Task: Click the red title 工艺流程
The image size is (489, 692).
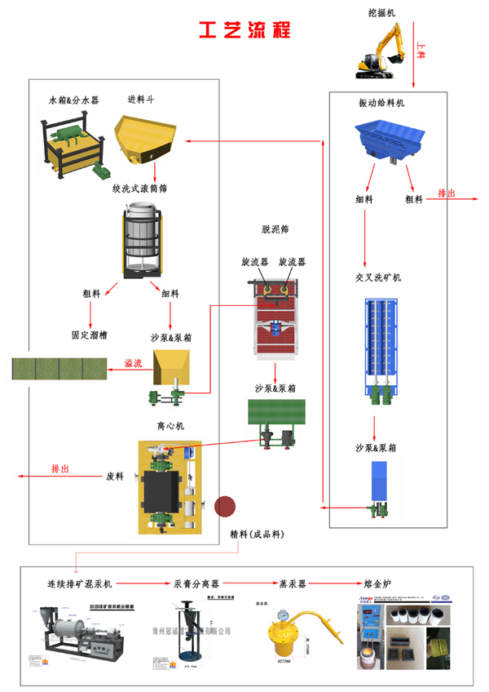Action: [x=244, y=29]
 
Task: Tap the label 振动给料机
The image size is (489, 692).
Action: [x=381, y=104]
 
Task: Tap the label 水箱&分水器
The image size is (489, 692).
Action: [x=74, y=100]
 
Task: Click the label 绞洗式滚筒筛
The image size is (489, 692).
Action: [x=140, y=189]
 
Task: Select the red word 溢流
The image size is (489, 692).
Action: [x=133, y=363]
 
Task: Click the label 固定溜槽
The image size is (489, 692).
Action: [x=90, y=335]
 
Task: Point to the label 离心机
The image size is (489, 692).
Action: [x=170, y=426]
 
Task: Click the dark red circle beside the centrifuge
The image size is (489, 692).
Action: [x=225, y=507]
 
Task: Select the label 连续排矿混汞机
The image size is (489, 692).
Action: [x=80, y=584]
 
